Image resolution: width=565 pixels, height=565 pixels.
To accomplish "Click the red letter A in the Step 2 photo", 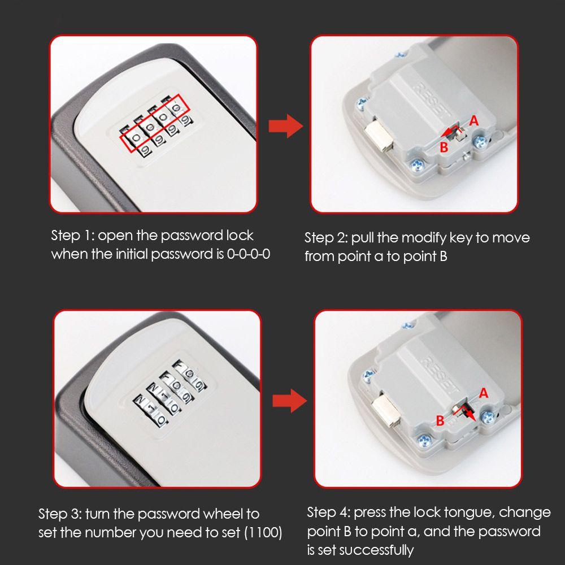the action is tap(474, 120).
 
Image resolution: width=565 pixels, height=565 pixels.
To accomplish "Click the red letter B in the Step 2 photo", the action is tap(444, 147).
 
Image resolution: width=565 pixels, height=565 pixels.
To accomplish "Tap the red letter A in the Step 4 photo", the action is tap(484, 393).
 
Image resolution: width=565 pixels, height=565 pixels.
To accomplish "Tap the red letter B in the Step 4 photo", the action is tap(440, 420).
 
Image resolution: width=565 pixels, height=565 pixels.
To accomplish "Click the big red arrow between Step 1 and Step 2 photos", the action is tap(286, 126).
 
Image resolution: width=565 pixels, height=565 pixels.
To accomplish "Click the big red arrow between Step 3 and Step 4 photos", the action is tap(289, 401).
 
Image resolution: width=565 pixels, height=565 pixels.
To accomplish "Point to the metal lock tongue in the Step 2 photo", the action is tap(378, 139).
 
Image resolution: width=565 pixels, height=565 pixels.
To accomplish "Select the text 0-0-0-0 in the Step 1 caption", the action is tap(248, 254).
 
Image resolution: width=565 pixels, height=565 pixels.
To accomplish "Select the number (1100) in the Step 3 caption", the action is tap(263, 532).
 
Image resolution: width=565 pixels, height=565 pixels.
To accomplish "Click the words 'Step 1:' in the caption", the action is tap(72, 236).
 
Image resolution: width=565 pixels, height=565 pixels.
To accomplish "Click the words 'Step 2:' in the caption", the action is tap(326, 238).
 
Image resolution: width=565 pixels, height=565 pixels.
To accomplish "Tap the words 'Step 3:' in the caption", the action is tap(60, 514).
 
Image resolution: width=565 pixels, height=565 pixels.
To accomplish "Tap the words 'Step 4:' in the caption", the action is tap(328, 512).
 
